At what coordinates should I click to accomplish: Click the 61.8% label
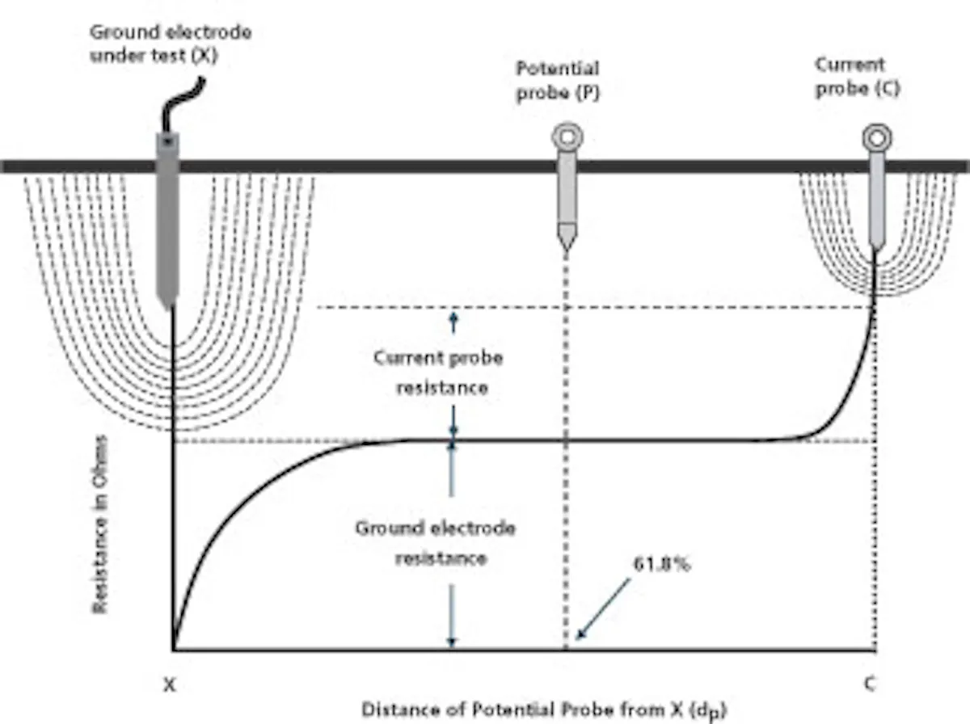(x=661, y=565)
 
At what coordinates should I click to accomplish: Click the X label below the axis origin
(x=169, y=685)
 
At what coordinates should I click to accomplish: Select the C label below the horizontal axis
(x=870, y=684)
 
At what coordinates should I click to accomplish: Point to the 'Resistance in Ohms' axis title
(x=100, y=524)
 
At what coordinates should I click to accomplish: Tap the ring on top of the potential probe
(x=567, y=137)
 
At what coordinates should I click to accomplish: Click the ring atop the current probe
(x=877, y=138)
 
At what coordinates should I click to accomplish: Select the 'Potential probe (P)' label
(x=558, y=81)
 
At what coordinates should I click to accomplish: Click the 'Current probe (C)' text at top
(x=858, y=77)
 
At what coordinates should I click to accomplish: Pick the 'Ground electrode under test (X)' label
(x=171, y=44)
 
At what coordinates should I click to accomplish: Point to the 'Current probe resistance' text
(x=439, y=373)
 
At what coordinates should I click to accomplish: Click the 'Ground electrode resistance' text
(x=436, y=544)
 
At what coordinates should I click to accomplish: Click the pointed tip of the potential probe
(x=567, y=251)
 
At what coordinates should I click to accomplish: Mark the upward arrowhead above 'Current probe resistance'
(x=453, y=317)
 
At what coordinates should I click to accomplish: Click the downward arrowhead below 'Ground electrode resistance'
(x=451, y=642)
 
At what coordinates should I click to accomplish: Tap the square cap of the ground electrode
(x=167, y=142)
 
